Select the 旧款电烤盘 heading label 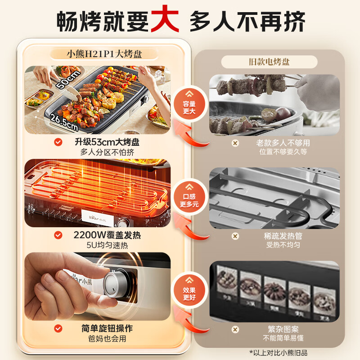(269, 62)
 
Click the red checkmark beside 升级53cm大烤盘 (58, 142)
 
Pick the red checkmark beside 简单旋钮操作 (58, 329)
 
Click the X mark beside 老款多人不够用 (234, 143)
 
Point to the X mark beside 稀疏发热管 (234, 236)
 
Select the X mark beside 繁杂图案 (234, 329)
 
